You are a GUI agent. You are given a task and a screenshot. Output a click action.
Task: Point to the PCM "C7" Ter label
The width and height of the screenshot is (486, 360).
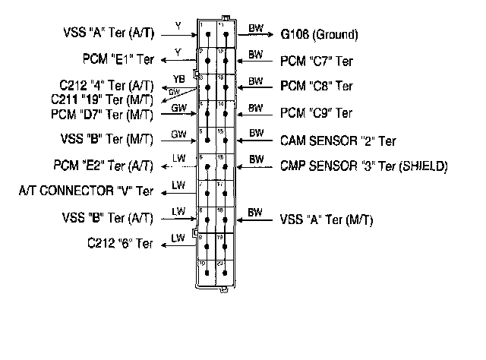[317, 60]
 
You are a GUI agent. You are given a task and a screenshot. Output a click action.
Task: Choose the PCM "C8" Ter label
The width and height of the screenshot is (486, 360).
[317, 86]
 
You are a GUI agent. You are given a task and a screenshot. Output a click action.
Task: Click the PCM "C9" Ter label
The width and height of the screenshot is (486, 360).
[317, 113]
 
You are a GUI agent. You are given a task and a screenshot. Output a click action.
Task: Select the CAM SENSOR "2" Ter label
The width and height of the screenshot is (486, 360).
[338, 141]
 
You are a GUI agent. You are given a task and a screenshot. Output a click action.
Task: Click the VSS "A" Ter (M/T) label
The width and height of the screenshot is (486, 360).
[327, 219]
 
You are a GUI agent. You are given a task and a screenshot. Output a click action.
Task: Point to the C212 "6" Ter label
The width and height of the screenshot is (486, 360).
[120, 244]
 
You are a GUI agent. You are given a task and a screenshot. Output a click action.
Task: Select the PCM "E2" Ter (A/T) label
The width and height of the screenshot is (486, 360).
[103, 165]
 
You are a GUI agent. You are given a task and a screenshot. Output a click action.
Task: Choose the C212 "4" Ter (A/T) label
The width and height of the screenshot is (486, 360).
[106, 85]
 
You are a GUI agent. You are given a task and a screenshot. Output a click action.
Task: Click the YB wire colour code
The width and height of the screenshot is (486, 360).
[178, 78]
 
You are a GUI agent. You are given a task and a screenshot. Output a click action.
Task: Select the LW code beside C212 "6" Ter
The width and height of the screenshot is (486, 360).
[178, 238]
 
